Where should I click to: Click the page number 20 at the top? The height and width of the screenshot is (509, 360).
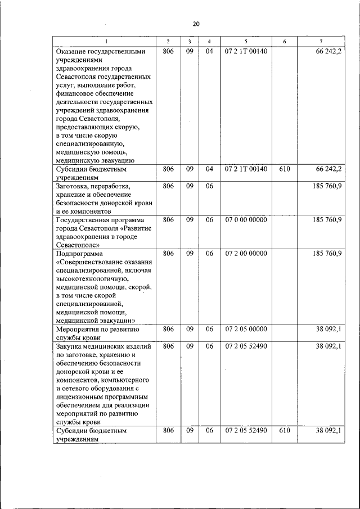[196, 24]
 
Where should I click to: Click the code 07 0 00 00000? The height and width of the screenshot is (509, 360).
[246, 220]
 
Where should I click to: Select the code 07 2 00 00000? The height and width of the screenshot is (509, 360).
[246, 254]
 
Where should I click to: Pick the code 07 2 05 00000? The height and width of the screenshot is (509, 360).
[246, 329]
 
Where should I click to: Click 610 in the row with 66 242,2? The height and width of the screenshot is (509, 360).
[285, 169]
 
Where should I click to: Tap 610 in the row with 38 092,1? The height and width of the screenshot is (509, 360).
[285, 430]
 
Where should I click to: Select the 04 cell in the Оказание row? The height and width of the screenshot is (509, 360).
[209, 51]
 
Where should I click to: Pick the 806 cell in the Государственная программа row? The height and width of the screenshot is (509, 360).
[168, 220]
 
